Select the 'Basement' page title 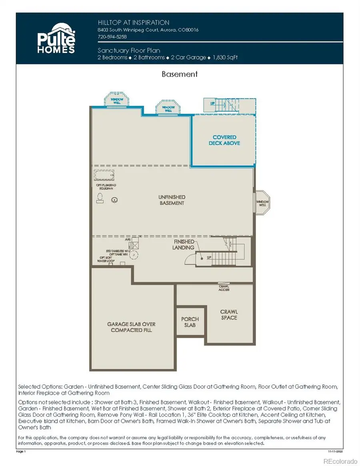tap(180, 74)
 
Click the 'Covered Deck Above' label tap(224, 140)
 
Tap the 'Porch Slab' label tap(190, 322)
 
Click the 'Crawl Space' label tap(229, 314)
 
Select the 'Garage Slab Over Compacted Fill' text tap(131, 327)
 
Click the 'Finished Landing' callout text tap(184, 244)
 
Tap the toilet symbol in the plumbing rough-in tap(100, 197)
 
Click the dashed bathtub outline tap(104, 175)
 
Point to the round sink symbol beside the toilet tap(115, 200)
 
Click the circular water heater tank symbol tap(135, 254)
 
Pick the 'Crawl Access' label tap(224, 287)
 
